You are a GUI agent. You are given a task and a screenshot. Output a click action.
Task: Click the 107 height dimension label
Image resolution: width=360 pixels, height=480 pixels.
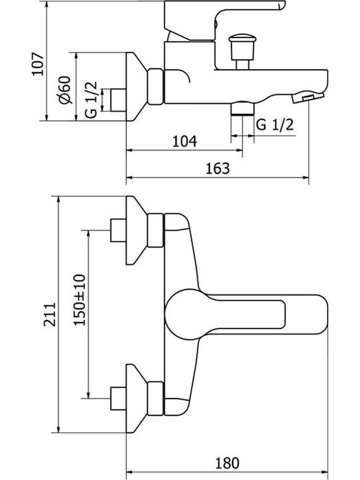[39, 64]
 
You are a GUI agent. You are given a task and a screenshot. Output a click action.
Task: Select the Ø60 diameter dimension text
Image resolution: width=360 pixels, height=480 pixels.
[65, 90]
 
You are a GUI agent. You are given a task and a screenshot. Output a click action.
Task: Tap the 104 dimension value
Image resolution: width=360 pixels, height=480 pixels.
[185, 141]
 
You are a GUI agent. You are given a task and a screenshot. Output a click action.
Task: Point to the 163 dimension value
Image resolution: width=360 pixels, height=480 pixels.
[217, 168]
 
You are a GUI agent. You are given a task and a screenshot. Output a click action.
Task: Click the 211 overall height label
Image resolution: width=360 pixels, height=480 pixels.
[50, 315]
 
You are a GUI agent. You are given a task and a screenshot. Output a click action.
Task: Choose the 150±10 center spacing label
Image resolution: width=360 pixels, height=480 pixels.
[80, 300]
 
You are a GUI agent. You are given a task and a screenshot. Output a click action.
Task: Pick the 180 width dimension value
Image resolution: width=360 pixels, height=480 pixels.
[227, 463]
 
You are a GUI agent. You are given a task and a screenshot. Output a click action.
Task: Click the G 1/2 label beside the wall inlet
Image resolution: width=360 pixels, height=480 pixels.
[91, 99]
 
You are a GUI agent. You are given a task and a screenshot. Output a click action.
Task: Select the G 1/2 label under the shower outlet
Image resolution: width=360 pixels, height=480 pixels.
[275, 125]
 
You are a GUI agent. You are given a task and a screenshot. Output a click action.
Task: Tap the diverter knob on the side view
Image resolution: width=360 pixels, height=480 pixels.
[242, 51]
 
